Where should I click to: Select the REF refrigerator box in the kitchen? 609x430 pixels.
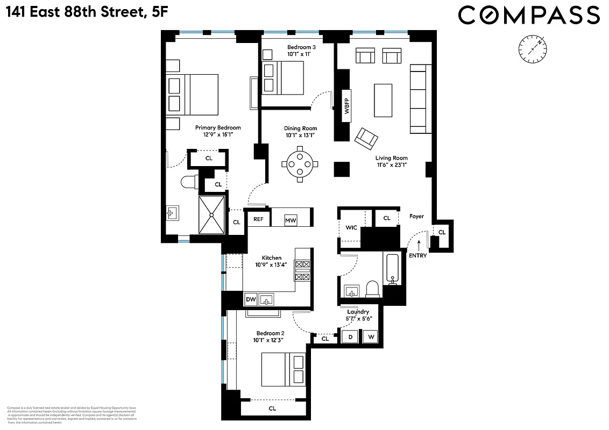coord(258,219)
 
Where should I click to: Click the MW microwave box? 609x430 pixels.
coord(291,220)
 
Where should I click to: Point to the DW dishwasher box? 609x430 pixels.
coord(251,299)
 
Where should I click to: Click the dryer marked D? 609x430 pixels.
coord(351,337)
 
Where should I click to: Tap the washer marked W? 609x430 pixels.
coord(371,337)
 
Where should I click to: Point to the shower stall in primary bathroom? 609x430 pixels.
coord(212,215)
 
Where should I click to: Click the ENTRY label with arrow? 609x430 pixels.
coord(418,252)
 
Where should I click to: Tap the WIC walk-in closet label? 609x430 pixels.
coord(351,227)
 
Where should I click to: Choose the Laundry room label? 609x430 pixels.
coord(358,312)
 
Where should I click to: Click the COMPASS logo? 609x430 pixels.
coord(528,15)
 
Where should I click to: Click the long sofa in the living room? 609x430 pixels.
coord(420,99)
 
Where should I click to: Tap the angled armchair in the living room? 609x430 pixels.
coord(366,138)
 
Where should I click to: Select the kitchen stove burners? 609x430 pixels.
coord(302,270)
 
